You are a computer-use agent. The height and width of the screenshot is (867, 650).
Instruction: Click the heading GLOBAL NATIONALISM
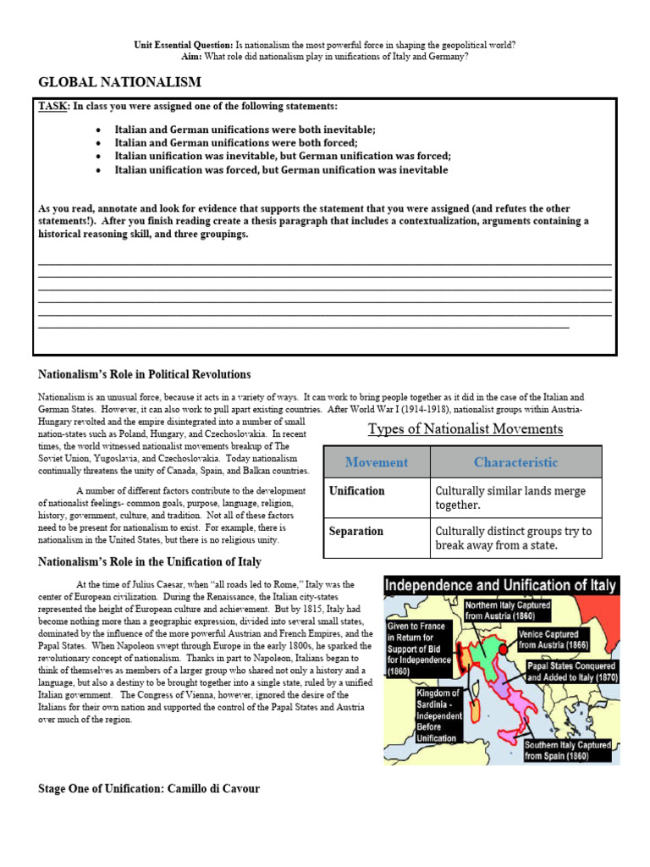(119, 82)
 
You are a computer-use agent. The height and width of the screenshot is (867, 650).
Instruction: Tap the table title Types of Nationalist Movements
(465, 429)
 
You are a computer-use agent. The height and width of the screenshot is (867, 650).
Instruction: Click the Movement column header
(377, 462)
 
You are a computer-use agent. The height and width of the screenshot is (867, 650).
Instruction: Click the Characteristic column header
(515, 462)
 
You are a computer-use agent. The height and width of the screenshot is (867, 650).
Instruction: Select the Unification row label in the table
(356, 491)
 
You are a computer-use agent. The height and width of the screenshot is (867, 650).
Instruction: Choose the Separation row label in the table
(355, 532)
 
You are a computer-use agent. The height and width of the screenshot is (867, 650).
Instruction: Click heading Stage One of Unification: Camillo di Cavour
(149, 789)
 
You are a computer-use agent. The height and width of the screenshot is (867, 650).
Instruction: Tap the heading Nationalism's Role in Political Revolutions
(145, 374)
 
